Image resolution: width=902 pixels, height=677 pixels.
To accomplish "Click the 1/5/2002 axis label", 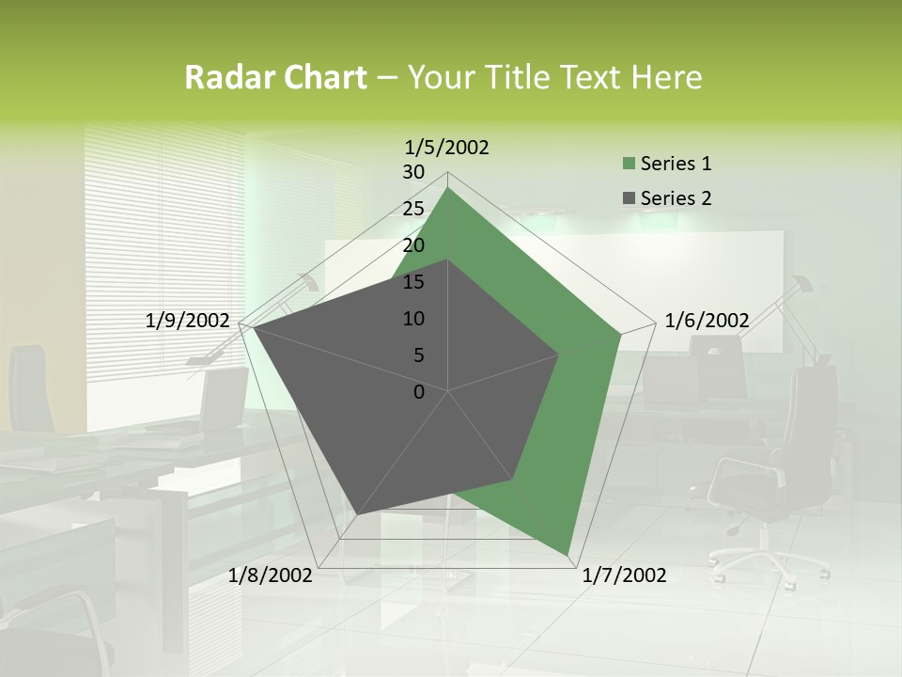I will click(x=446, y=147).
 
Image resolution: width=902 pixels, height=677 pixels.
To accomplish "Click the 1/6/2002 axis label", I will click(x=707, y=321).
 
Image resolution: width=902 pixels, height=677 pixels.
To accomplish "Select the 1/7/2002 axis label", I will click(x=624, y=575).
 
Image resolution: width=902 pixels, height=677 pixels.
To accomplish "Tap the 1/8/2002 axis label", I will click(x=270, y=575).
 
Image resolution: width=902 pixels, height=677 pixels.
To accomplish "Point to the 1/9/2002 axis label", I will click(x=187, y=321).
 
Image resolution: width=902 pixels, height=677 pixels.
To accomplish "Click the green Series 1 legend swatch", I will click(x=629, y=165).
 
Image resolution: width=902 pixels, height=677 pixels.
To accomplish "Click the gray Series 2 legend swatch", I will click(x=629, y=198).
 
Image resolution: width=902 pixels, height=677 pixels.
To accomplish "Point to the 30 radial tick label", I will click(x=412, y=172).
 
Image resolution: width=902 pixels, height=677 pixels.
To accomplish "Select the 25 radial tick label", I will click(x=412, y=209).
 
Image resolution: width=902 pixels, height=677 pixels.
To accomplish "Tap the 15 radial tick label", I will click(x=412, y=282).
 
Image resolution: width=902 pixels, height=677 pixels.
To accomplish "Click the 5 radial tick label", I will click(x=418, y=355).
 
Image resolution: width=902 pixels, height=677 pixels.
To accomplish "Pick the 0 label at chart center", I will click(x=419, y=392).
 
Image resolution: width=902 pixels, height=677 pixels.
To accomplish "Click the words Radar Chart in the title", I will click(x=274, y=78).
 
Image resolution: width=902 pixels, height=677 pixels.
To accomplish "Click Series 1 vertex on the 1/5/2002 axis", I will click(x=447, y=188).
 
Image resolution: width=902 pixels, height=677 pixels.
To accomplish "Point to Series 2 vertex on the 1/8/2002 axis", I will click(x=356, y=514).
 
